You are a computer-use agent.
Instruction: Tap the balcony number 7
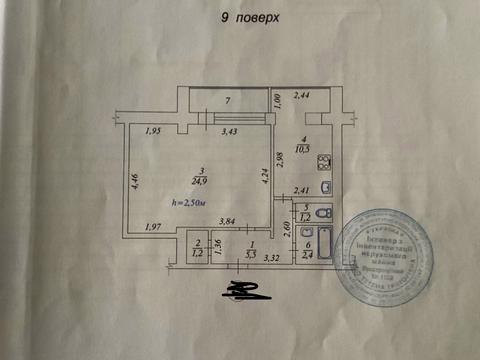(x=228, y=101)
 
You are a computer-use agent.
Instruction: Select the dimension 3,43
(x=229, y=131)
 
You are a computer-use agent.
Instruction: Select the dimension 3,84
(x=228, y=221)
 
